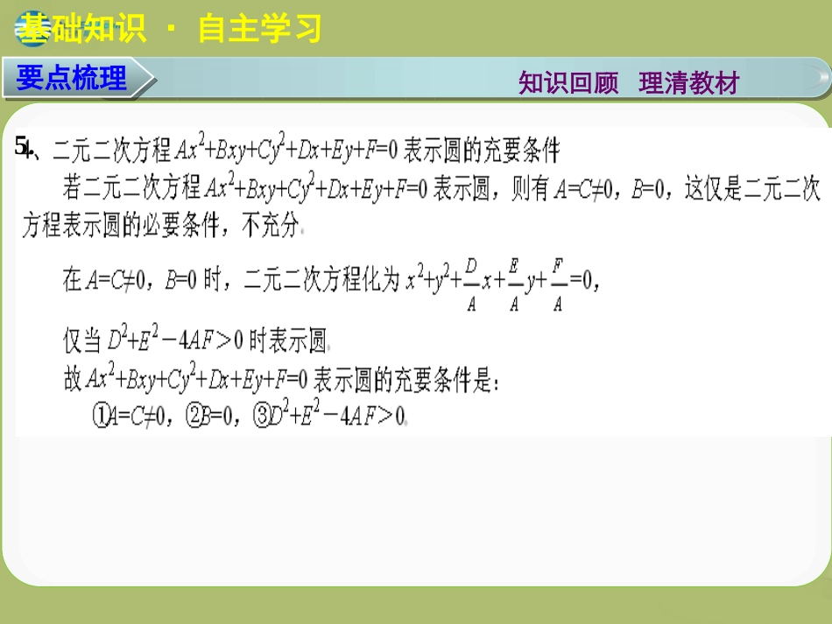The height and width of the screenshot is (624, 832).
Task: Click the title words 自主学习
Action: pos(260,30)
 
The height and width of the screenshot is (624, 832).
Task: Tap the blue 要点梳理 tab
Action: pos(73,78)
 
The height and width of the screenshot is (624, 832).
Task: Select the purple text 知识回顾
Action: pos(568,83)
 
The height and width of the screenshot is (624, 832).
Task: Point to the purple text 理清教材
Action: pos(689,83)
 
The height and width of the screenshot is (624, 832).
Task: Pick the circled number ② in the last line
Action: pos(194,417)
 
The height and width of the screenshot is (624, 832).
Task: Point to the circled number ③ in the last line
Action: pos(261,417)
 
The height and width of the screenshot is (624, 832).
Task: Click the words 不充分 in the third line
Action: pos(270,228)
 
